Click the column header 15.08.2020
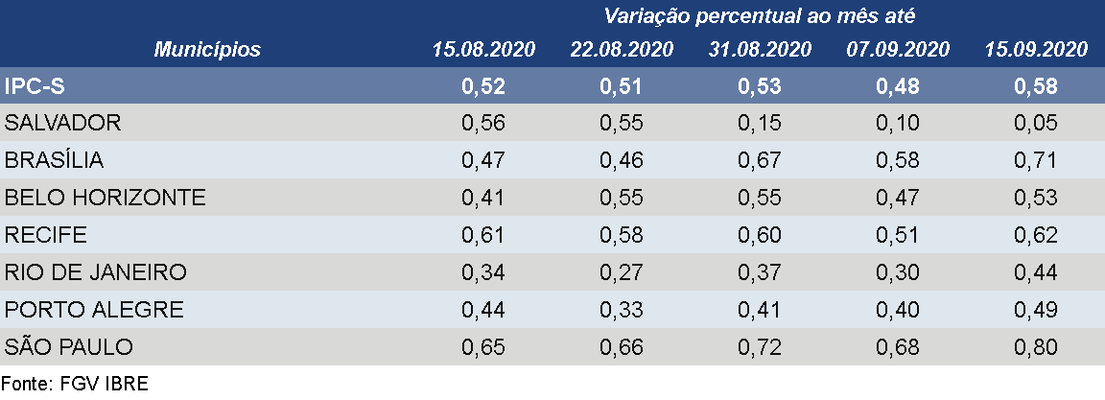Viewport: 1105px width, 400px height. click(x=483, y=50)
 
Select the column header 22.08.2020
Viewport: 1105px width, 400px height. click(x=622, y=50)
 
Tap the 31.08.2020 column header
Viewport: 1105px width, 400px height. click(x=760, y=50)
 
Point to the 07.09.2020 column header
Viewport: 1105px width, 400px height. click(x=898, y=50)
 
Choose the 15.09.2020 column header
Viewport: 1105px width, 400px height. click(x=1036, y=50)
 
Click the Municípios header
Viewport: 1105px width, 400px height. click(x=207, y=50)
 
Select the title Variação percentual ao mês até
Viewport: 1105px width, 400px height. click(x=760, y=15)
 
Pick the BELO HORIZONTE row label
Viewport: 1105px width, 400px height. click(x=106, y=198)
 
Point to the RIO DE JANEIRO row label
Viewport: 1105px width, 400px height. click(x=95, y=272)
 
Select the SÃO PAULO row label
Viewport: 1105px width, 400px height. click(x=69, y=347)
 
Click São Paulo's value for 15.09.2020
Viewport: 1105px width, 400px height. click(x=1036, y=347)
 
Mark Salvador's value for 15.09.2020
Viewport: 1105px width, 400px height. click(x=1036, y=124)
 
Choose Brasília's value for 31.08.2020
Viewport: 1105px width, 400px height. click(x=760, y=160)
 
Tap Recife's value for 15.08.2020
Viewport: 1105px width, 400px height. click(x=483, y=235)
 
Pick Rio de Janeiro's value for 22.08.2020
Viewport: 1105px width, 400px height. click(x=622, y=272)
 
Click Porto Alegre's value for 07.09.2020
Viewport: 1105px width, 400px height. click(x=898, y=310)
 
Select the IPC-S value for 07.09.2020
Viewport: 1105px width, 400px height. click(x=898, y=86)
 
